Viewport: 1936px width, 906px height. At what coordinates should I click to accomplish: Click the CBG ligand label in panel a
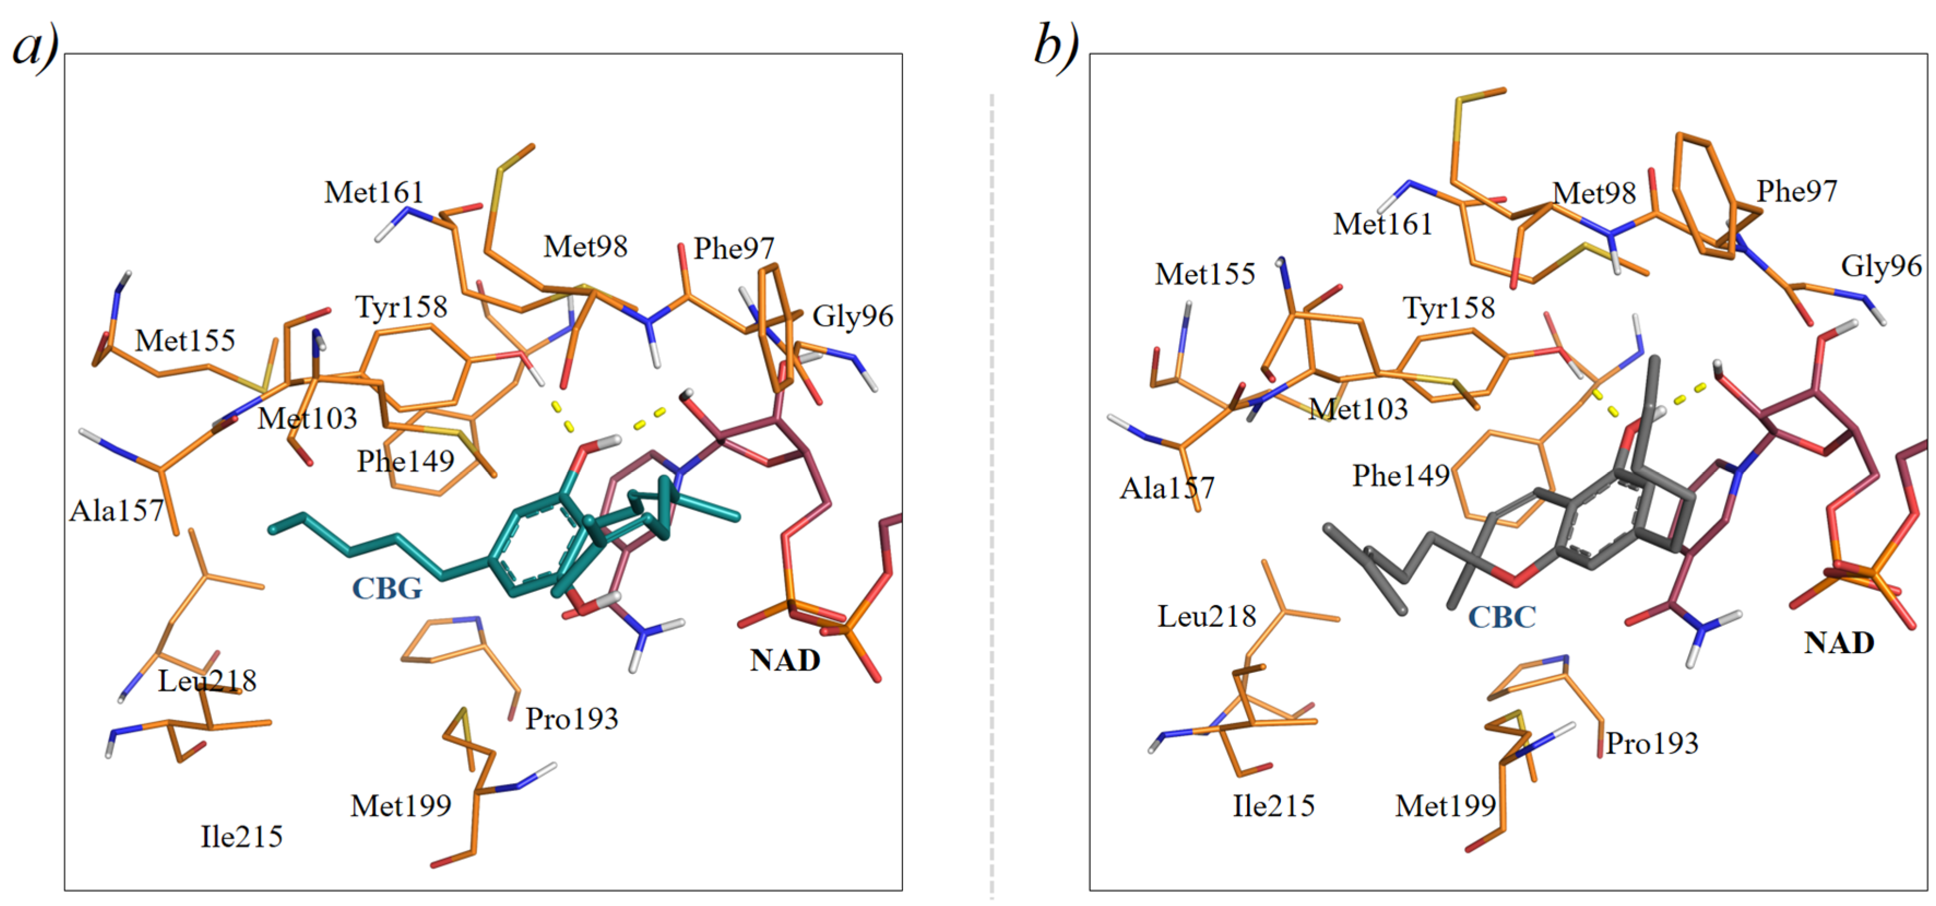387,588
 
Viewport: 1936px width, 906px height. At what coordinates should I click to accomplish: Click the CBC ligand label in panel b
1501,617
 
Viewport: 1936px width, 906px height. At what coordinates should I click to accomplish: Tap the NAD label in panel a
785,660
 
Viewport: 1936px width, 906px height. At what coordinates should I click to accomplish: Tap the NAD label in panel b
1839,643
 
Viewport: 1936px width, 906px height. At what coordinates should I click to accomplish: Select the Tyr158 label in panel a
401,307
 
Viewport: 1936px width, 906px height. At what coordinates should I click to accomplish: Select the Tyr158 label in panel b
1448,308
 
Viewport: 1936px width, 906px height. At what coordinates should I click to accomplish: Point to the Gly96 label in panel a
852,317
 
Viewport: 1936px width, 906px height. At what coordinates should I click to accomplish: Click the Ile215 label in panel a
241,837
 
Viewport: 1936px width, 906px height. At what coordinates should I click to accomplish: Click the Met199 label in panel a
401,806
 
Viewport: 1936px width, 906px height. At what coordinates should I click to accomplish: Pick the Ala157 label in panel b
1166,489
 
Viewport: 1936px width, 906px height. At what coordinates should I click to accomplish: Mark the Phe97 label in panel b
1796,192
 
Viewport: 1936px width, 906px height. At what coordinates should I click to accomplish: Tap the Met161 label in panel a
373,192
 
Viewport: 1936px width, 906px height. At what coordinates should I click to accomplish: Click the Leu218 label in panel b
1206,617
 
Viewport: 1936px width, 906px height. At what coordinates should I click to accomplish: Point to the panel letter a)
35,46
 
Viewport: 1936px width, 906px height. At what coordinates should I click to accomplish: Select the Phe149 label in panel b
1400,476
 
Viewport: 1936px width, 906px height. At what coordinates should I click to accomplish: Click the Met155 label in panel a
185,341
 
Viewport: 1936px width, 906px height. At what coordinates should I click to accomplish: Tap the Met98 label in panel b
1594,194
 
